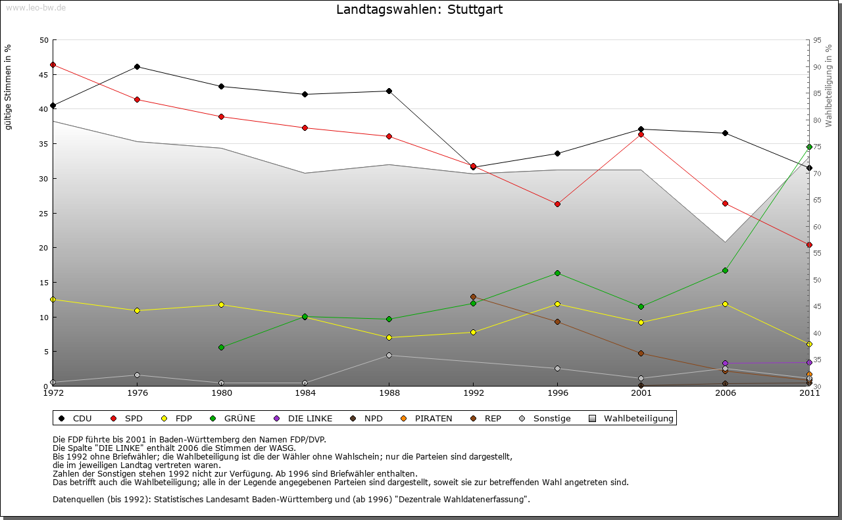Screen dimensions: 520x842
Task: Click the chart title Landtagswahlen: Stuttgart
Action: click(419, 9)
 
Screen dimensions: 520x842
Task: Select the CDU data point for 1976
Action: click(137, 66)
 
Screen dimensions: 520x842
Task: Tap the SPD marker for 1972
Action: click(53, 64)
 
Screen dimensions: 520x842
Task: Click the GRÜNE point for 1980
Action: click(221, 347)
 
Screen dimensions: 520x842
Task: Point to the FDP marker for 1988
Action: click(389, 337)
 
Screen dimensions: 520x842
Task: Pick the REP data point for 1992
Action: click(473, 297)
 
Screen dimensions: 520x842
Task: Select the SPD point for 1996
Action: click(557, 204)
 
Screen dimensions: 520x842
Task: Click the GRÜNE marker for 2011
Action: click(809, 147)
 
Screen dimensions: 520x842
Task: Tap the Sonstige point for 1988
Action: click(389, 355)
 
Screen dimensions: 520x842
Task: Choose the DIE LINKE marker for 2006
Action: click(725, 363)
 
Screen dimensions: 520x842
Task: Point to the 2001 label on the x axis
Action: click(641, 393)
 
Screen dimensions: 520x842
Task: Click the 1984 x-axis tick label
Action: click(305, 393)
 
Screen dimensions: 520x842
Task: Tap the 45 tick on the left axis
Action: click(43, 74)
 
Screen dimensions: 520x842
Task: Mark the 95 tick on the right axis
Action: click(816, 40)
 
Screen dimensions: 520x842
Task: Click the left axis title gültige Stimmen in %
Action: click(8, 87)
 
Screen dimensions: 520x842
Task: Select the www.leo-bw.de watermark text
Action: click(36, 7)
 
